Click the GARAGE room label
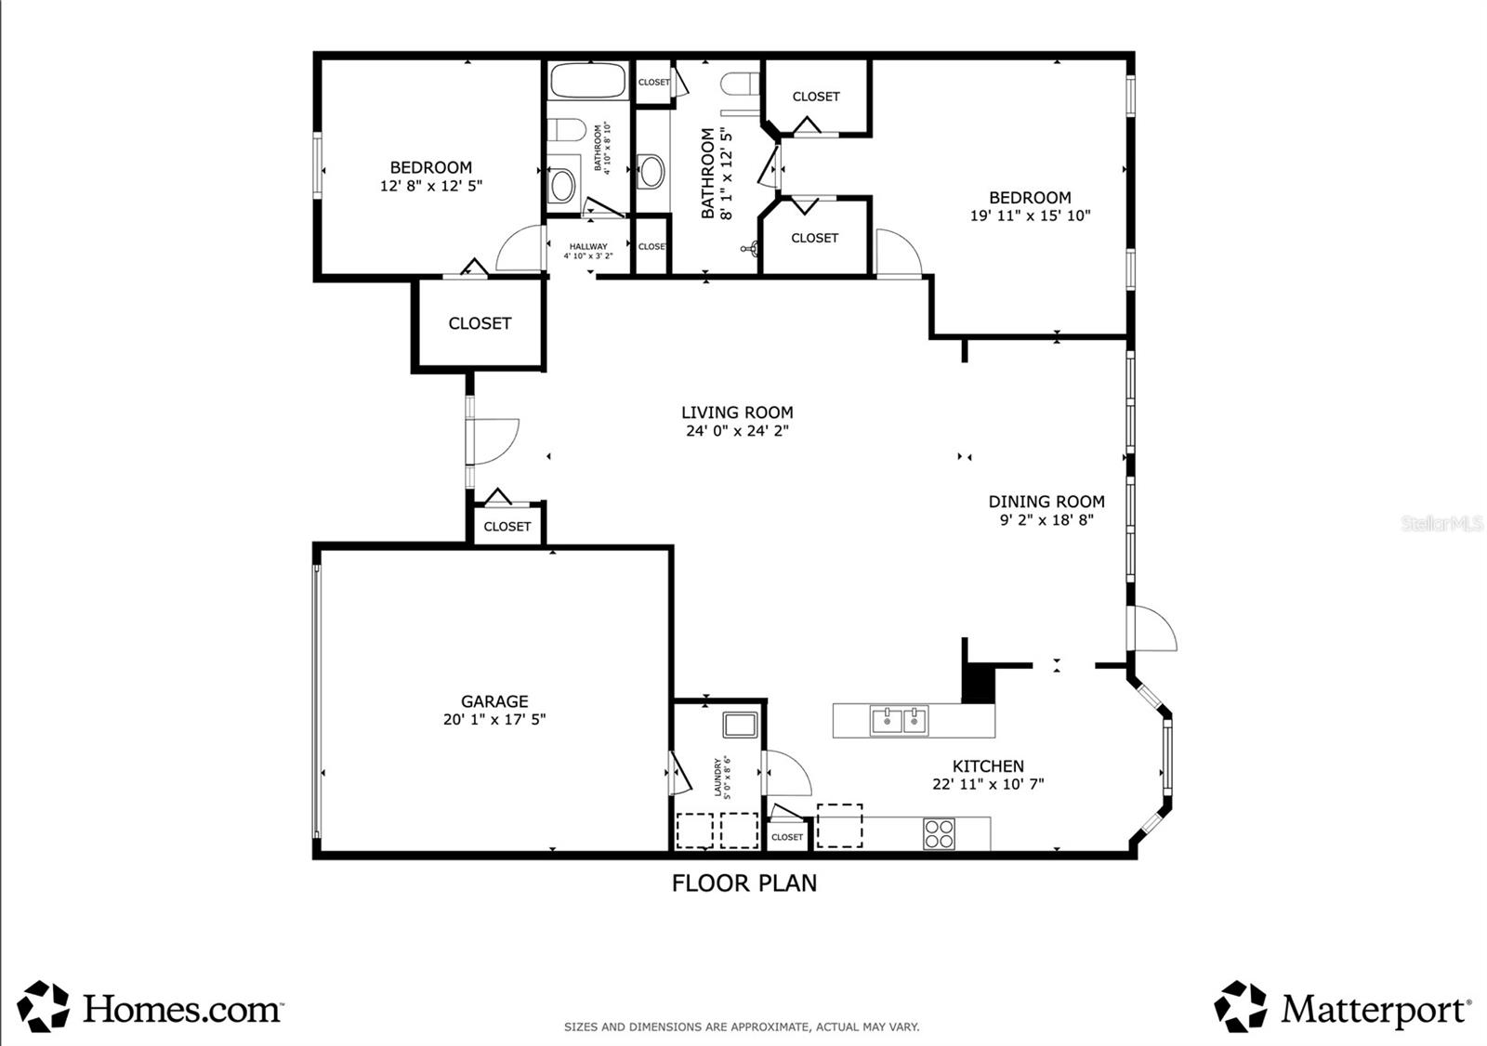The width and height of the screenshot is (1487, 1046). click(x=494, y=701)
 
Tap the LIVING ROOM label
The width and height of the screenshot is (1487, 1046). click(x=737, y=412)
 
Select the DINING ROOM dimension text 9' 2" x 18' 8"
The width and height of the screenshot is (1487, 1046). click(x=1046, y=520)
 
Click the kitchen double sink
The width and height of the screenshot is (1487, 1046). click(x=899, y=720)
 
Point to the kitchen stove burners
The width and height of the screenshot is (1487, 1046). click(x=939, y=833)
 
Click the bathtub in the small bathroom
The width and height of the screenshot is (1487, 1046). click(x=587, y=81)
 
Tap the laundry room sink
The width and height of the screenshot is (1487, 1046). click(x=742, y=724)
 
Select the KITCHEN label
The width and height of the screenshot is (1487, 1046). click(x=988, y=766)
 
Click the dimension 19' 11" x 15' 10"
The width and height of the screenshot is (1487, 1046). click(x=1030, y=216)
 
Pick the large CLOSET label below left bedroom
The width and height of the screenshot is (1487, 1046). click(x=480, y=323)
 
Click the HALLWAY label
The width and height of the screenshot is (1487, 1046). click(x=587, y=247)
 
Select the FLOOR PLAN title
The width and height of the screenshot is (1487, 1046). click(x=744, y=883)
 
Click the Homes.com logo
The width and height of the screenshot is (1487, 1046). click(x=151, y=1008)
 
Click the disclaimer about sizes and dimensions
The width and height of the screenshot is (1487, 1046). click(x=742, y=1026)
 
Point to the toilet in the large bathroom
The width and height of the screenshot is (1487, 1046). click(x=741, y=84)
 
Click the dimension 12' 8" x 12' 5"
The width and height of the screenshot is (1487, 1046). click(x=431, y=186)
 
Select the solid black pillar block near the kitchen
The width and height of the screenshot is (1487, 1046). click(x=978, y=686)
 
